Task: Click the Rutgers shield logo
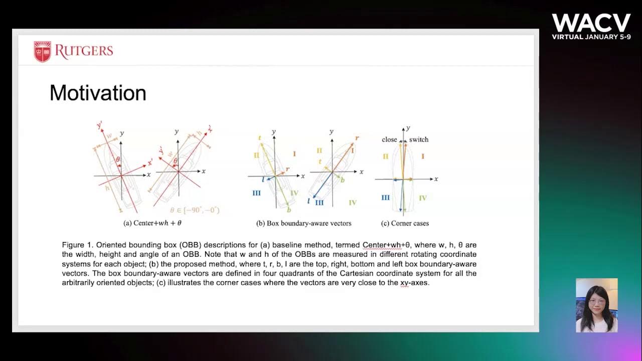pyautogui.click(x=43, y=52)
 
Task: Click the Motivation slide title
pyautogui.click(x=98, y=93)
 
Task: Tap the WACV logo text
pyautogui.click(x=591, y=23)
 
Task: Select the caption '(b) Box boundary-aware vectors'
pyautogui.click(x=303, y=223)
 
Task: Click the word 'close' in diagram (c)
pyautogui.click(x=390, y=139)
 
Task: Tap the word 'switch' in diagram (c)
pyautogui.click(x=419, y=139)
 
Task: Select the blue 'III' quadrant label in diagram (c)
pyautogui.click(x=385, y=198)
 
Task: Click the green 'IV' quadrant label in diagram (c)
pyautogui.click(x=423, y=198)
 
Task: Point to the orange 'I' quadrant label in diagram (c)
pyautogui.click(x=423, y=156)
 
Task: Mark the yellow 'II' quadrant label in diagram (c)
pyautogui.click(x=385, y=156)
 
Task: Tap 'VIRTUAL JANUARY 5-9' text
pyautogui.click(x=591, y=37)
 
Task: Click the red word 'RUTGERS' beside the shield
pyautogui.click(x=84, y=51)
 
